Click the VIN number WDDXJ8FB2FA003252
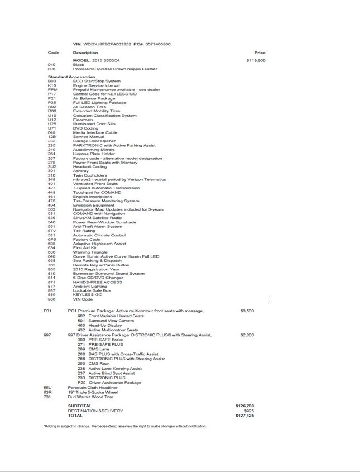[x=108, y=44]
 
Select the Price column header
[x=260, y=53]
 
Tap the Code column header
[x=54, y=53]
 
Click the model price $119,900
[x=256, y=60]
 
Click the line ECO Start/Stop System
[x=97, y=81]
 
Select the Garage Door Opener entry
[x=94, y=141]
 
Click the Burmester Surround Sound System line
[x=108, y=274]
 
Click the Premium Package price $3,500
[x=247, y=311]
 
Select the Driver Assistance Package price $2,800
[x=247, y=335]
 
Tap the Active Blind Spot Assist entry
[x=112, y=373]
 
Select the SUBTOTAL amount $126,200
[x=245, y=406]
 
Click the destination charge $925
[x=249, y=411]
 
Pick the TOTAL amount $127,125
[x=245, y=416]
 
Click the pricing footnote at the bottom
[x=124, y=426]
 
